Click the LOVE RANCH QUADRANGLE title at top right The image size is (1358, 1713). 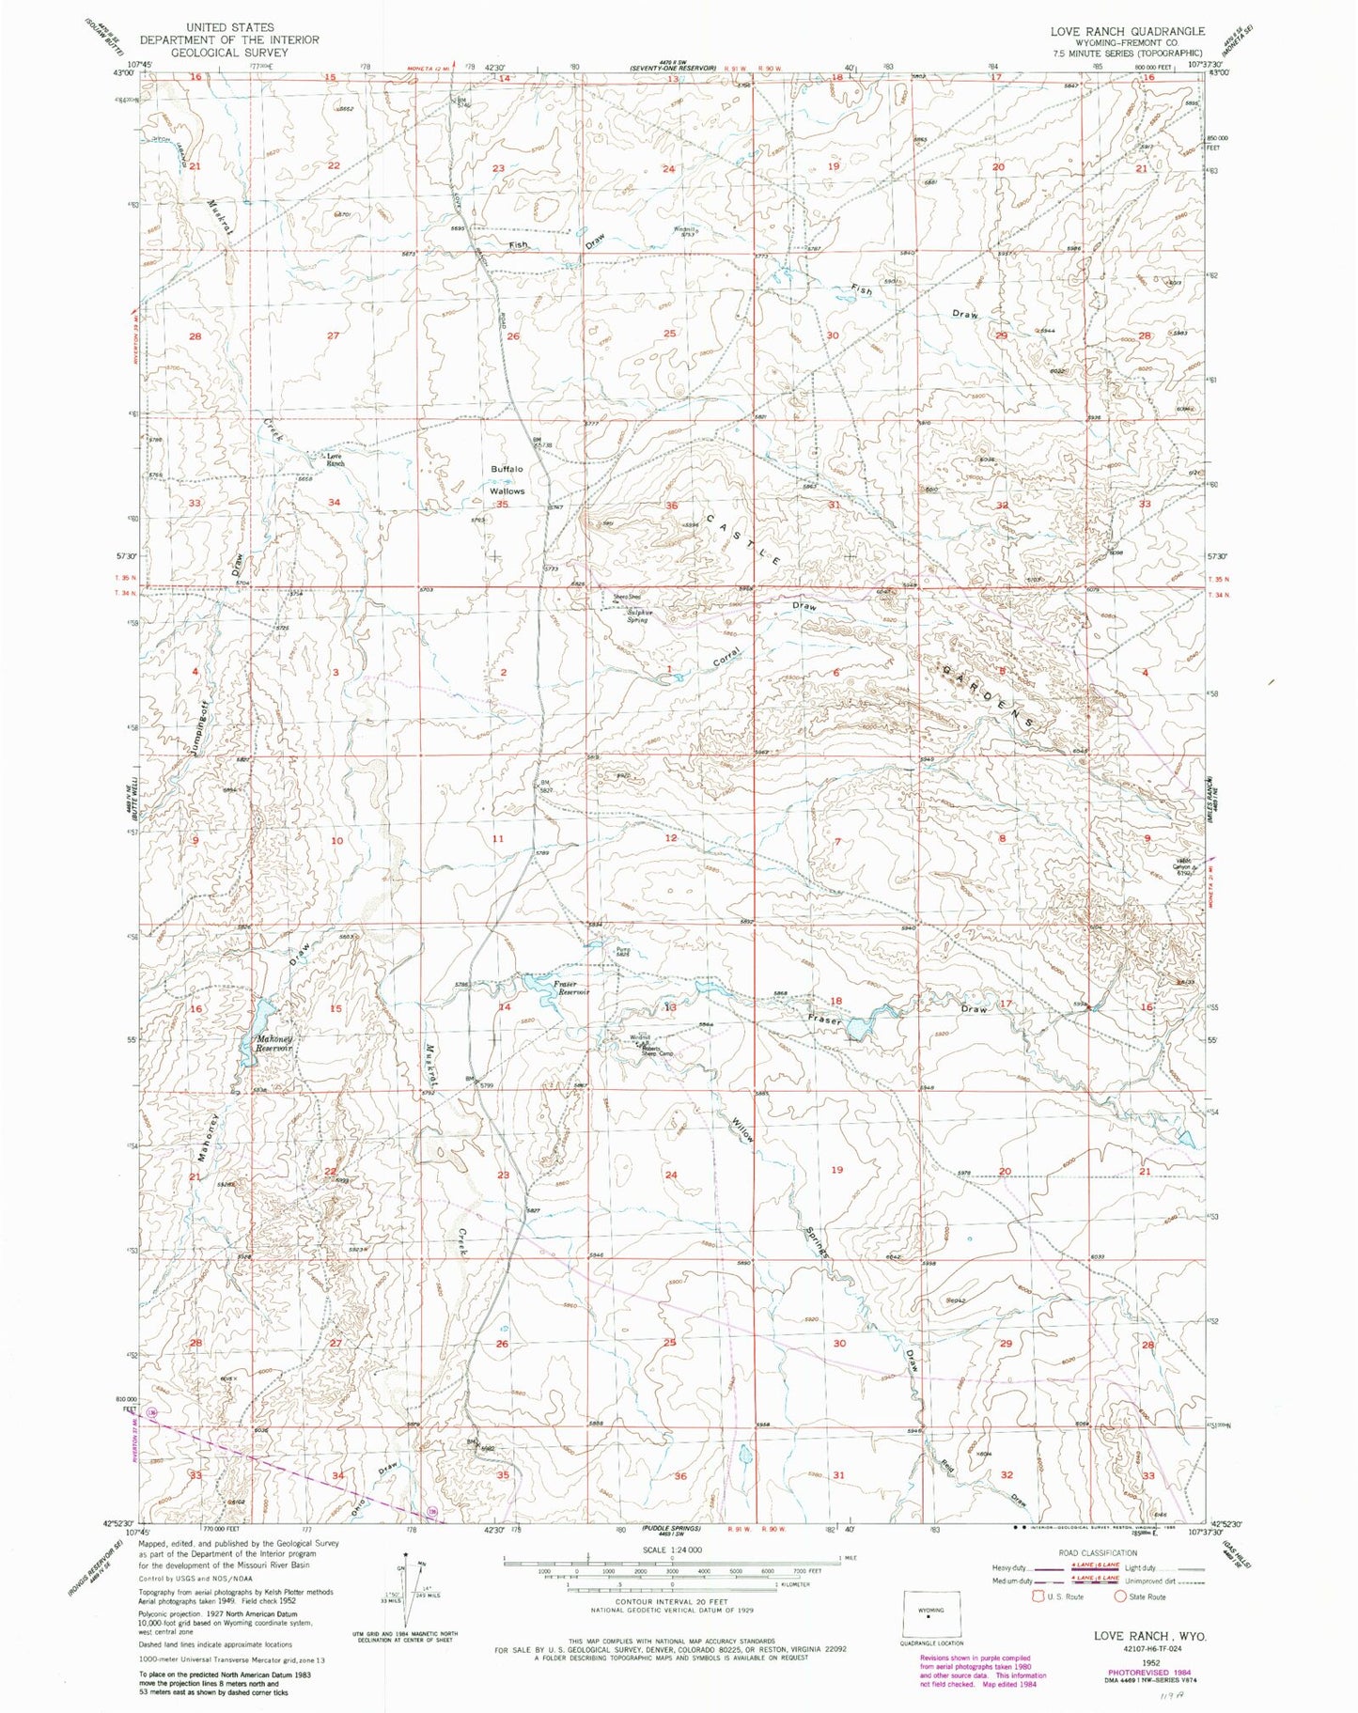(1127, 31)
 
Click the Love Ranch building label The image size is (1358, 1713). (335, 459)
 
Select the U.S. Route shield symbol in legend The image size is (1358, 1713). (1039, 1596)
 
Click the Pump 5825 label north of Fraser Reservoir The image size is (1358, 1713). (622, 953)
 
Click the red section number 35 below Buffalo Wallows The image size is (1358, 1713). (502, 506)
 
